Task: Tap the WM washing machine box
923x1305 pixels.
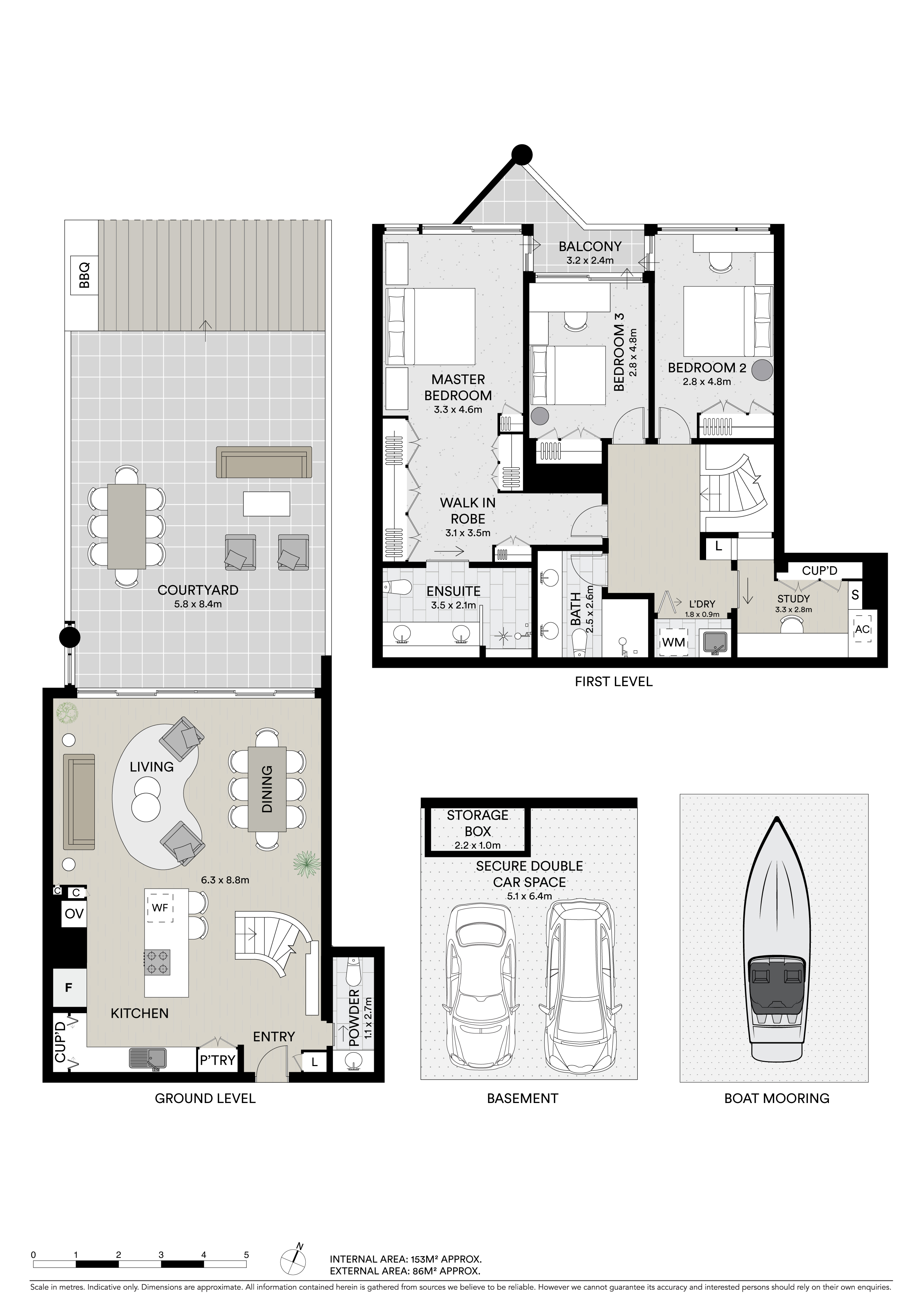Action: (x=673, y=642)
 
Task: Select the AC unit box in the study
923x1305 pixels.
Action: (x=862, y=629)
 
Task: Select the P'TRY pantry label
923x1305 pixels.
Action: (x=217, y=1061)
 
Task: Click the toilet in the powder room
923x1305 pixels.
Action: (x=353, y=973)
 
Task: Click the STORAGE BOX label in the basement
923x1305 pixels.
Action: (x=477, y=823)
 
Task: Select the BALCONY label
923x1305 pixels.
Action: (x=590, y=247)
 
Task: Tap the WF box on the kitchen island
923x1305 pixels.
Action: (x=160, y=908)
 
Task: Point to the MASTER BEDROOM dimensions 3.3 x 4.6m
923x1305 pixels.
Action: (x=458, y=409)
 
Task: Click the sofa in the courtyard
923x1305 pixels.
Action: (x=264, y=462)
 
